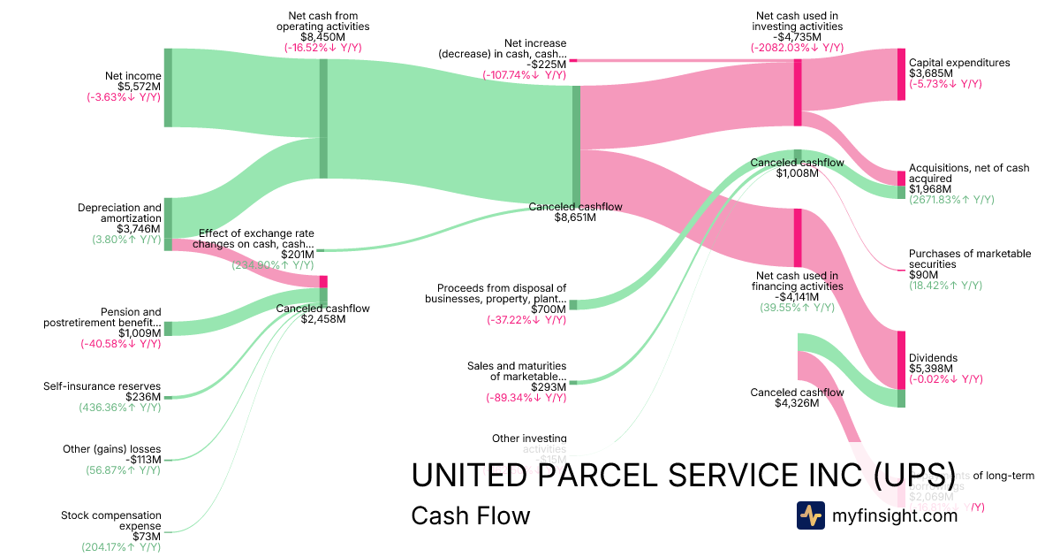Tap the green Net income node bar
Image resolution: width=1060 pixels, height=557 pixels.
[x=168, y=88]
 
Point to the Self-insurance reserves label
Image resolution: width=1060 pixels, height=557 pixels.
[x=102, y=386]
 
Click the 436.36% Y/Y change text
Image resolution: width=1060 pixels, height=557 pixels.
[x=120, y=408]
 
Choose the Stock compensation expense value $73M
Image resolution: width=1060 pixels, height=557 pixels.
[x=147, y=537]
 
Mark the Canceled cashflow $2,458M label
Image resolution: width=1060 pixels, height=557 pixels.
[x=323, y=309]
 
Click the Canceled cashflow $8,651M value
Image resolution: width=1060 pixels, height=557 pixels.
[x=575, y=217]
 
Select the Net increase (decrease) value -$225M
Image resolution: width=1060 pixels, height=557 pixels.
[x=548, y=64]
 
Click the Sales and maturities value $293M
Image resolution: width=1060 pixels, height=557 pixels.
[x=548, y=387]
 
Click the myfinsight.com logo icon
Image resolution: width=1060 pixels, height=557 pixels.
[x=810, y=515]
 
